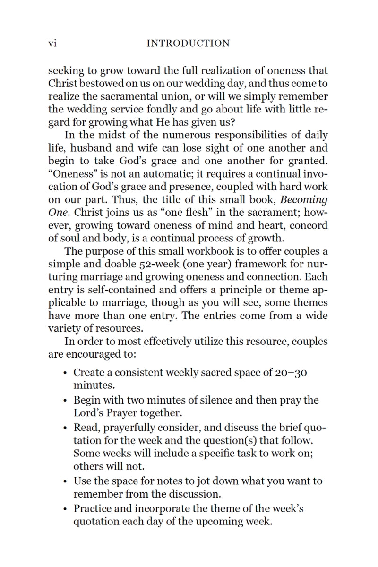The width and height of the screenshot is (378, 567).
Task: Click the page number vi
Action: click(x=52, y=43)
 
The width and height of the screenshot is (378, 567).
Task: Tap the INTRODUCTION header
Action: click(x=188, y=43)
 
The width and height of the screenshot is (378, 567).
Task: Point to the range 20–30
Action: click(x=291, y=373)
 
